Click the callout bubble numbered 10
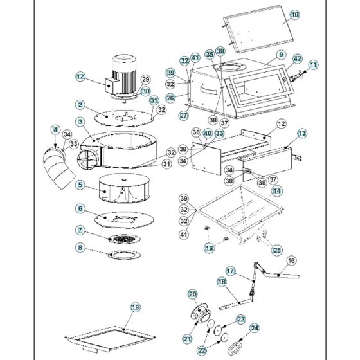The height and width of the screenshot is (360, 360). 294,14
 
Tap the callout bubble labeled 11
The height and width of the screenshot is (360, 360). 313,65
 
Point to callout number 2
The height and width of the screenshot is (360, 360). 80,104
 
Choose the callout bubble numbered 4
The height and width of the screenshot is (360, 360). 56,130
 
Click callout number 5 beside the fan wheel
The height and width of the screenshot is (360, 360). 80,184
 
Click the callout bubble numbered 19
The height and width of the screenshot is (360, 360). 135,307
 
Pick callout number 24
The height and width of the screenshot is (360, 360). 255,327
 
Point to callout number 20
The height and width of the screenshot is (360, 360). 192,294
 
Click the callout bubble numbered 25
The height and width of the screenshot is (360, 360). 277,250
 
